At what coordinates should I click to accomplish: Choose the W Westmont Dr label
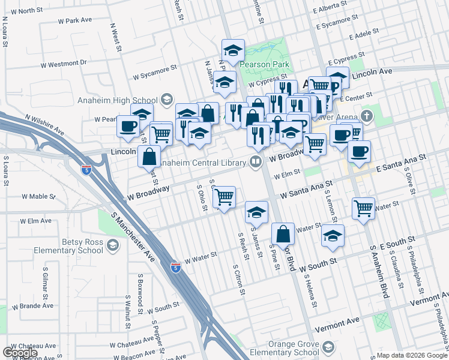point(64,63)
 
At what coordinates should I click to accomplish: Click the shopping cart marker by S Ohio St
point(224,196)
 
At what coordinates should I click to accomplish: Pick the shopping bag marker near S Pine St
point(283,233)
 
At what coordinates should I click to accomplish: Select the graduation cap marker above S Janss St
point(256,212)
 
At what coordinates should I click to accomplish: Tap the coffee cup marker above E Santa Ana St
point(359,151)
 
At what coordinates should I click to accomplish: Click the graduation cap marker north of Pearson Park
point(233,49)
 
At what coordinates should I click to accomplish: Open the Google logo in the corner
point(20,353)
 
